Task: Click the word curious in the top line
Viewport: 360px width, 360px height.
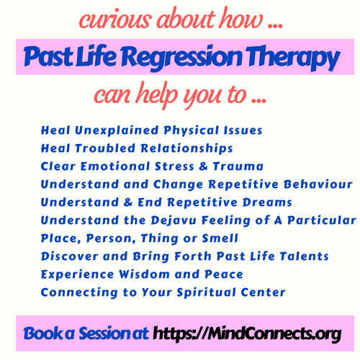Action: [115, 19]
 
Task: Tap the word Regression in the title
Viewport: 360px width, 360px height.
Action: [181, 58]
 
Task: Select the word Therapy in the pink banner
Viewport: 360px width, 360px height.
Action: [292, 58]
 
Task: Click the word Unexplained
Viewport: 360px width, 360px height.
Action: [117, 130]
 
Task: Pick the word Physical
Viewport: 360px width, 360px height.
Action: [191, 131]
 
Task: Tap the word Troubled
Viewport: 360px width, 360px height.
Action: [105, 148]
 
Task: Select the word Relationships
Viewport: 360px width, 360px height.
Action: [186, 148]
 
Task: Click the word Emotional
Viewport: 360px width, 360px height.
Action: [115, 166]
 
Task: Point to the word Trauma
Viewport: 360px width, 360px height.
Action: [238, 166]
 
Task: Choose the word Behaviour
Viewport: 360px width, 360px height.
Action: [318, 184]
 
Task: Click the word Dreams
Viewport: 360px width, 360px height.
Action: [267, 202]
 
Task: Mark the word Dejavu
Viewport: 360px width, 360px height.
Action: [174, 220]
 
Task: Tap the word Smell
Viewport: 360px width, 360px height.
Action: [220, 238]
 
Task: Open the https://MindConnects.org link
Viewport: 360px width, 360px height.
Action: [247, 333]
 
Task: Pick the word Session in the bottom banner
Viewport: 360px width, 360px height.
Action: [114, 333]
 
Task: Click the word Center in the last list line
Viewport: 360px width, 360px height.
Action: [263, 292]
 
